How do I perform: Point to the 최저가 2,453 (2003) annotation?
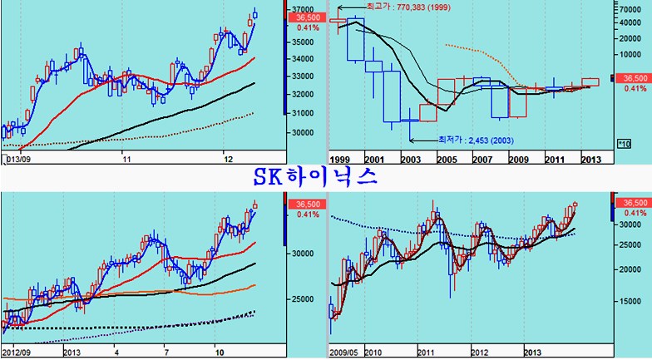pyautogui.click(x=471, y=140)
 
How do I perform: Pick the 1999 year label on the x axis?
pyautogui.click(x=340, y=158)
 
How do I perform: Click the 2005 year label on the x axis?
pyautogui.click(x=447, y=158)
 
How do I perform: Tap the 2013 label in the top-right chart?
pyautogui.click(x=591, y=158)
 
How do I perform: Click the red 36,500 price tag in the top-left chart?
pyautogui.click(x=301, y=17)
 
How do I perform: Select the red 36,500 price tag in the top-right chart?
pyautogui.click(x=634, y=78)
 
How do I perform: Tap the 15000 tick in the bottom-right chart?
pyautogui.click(x=634, y=300)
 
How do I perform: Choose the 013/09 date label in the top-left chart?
pyautogui.click(x=18, y=158)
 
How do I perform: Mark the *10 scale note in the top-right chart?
pyautogui.click(x=624, y=144)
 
